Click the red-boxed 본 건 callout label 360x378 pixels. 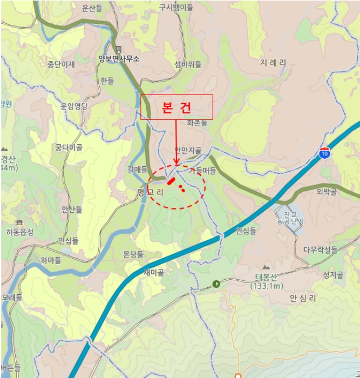tap(177, 107)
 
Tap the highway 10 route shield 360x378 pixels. tap(324, 153)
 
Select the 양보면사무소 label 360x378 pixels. tap(119, 59)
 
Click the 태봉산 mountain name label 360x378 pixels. tap(266, 279)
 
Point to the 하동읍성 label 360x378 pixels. tap(20, 232)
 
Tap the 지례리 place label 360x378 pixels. tap(273, 63)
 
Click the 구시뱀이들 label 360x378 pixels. tap(176, 8)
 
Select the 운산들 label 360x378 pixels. tap(92, 8)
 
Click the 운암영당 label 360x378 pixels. tap(74, 106)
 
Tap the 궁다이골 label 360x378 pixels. tap(69, 147)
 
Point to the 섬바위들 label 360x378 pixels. tap(188, 64)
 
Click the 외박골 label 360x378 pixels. tap(327, 192)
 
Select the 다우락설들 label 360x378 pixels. tap(320, 250)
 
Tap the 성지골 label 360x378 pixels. tap(333, 275)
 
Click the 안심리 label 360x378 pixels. tap(302, 298)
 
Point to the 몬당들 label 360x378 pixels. tap(133, 254)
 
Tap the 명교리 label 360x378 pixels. tap(150, 192)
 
